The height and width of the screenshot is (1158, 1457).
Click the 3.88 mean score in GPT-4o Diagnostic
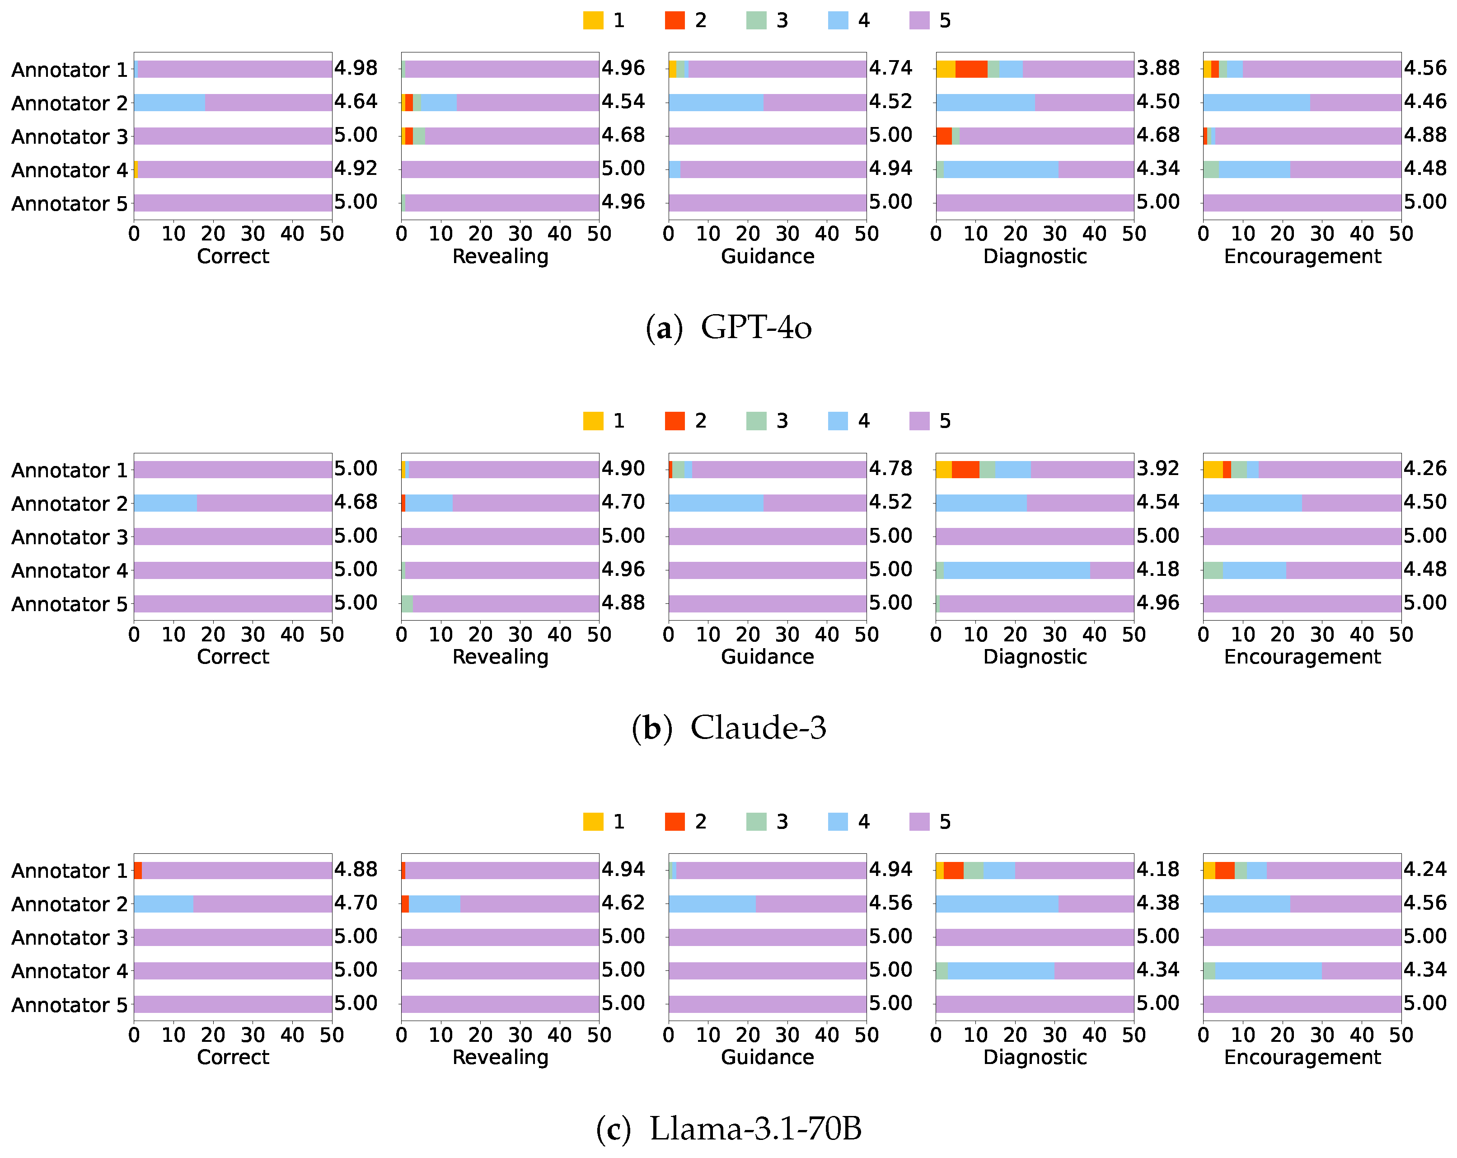(x=1157, y=68)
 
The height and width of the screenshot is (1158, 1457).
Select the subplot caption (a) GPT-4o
(x=728, y=328)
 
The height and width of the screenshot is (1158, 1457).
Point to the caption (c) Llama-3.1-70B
(x=728, y=1128)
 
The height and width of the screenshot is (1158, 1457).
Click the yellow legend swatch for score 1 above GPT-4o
(x=593, y=20)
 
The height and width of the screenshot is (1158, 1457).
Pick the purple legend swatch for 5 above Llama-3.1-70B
(x=919, y=821)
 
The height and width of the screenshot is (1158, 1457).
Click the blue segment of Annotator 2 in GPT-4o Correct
(x=169, y=102)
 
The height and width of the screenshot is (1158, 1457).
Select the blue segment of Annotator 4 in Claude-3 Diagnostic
(x=1017, y=570)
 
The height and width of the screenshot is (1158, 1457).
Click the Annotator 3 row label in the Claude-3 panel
(x=69, y=537)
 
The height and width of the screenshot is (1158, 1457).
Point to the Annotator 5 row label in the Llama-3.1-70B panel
(x=69, y=1005)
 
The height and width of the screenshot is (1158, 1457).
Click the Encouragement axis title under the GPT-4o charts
(x=1302, y=256)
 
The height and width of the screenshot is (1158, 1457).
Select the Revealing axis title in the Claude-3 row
(x=500, y=656)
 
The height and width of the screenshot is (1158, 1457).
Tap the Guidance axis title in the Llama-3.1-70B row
(x=767, y=1057)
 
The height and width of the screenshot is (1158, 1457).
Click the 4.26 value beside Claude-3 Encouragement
(x=1424, y=468)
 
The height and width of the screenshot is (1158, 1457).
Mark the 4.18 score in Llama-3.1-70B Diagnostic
(x=1157, y=869)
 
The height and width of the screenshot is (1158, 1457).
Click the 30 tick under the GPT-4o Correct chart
(x=253, y=234)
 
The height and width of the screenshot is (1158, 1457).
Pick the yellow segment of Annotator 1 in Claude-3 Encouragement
(x=1213, y=469)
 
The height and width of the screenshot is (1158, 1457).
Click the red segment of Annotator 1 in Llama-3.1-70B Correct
(x=138, y=870)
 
